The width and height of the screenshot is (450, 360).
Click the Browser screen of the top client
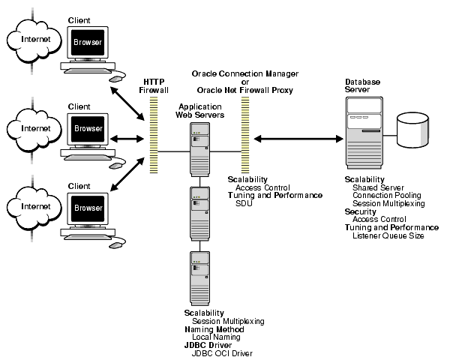87,43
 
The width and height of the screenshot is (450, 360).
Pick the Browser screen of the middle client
87,127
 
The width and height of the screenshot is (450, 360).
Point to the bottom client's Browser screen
87,208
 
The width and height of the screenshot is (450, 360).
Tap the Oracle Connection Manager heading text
245,74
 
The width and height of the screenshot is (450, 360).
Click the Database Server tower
364,131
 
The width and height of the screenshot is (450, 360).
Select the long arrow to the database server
297,138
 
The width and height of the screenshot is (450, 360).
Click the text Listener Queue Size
388,235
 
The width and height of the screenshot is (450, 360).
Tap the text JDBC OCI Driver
223,353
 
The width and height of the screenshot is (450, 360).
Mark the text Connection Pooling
387,195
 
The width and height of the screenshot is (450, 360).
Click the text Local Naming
216,337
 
